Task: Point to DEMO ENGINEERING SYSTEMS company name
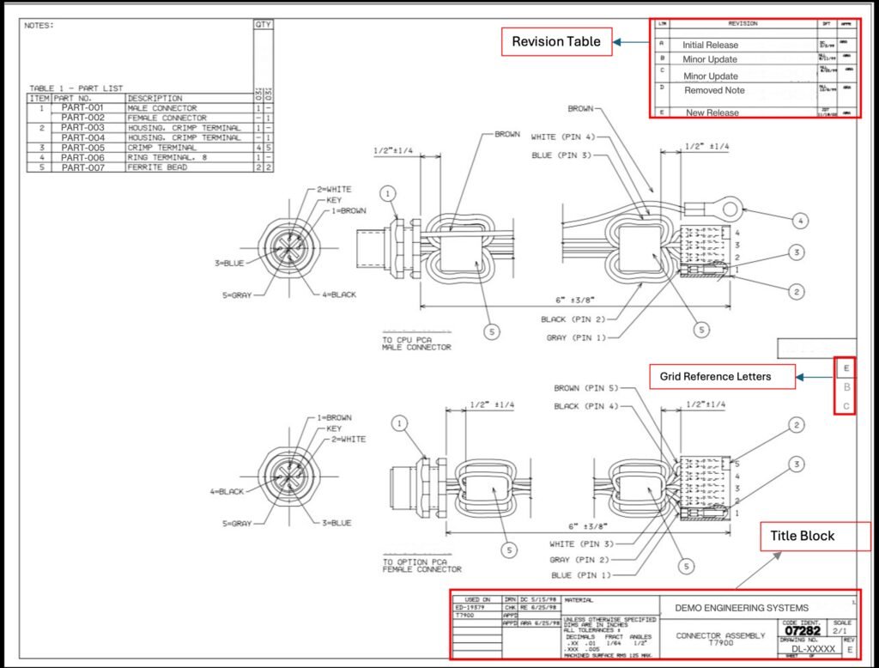[x=741, y=608]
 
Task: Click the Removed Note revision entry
[x=714, y=90]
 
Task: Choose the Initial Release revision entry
[x=710, y=45]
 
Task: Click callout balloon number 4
[x=799, y=222]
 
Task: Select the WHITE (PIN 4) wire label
[x=562, y=137]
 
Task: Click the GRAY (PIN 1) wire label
[x=573, y=337]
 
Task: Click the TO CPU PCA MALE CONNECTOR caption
[x=416, y=343]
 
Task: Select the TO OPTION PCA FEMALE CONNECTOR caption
[x=421, y=565]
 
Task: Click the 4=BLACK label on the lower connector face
[x=227, y=492]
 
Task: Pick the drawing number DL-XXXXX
[x=812, y=649]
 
